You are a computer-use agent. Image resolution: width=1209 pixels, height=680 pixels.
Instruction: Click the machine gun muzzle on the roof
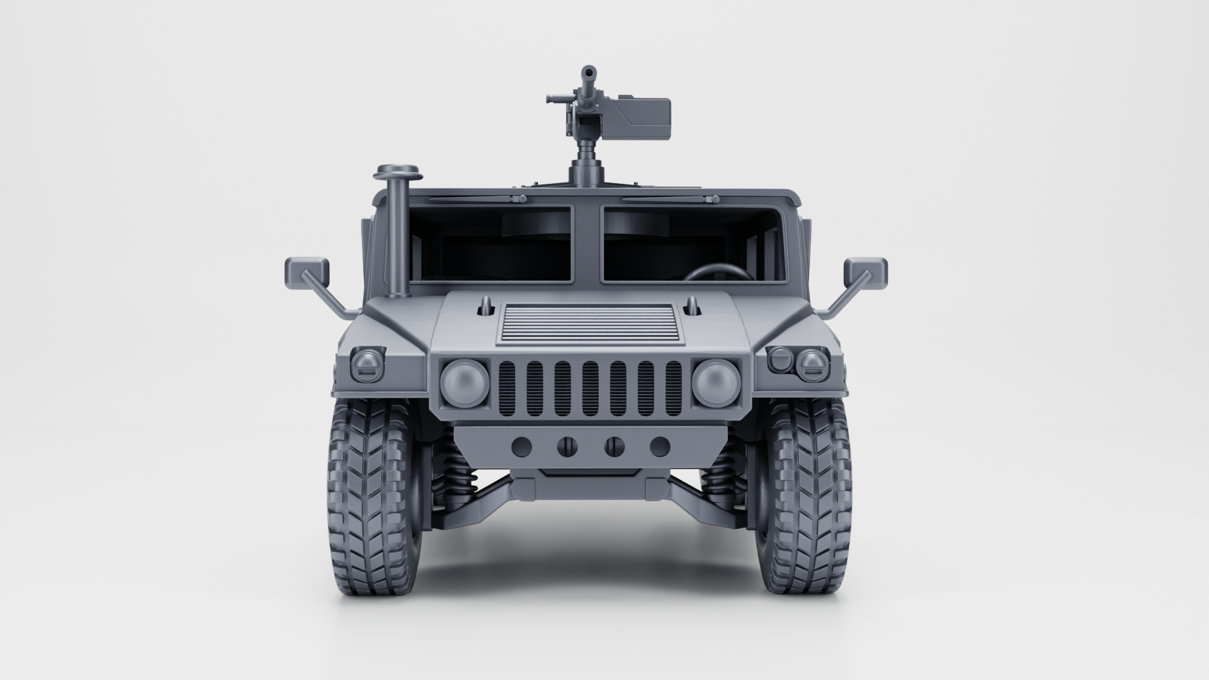[589, 73]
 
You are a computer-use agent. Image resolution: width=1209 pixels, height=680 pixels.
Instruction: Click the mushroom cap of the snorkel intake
[397, 171]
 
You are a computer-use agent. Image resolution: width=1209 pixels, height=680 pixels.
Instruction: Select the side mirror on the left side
[307, 272]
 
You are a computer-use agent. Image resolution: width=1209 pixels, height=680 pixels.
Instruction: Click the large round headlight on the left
[465, 382]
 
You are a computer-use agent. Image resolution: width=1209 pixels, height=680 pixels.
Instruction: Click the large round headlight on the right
[716, 382]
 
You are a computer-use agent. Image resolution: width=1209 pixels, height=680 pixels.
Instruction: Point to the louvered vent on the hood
[591, 324]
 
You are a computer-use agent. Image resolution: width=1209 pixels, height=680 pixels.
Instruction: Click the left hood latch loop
[485, 305]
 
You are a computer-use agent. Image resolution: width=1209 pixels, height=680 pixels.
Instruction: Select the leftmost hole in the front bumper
[521, 446]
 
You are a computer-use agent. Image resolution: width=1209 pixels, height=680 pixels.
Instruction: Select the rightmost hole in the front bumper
[660, 446]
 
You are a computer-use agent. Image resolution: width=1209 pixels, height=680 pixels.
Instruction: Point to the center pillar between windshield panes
[587, 242]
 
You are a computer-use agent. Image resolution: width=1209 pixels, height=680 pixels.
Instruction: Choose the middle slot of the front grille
[591, 388]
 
